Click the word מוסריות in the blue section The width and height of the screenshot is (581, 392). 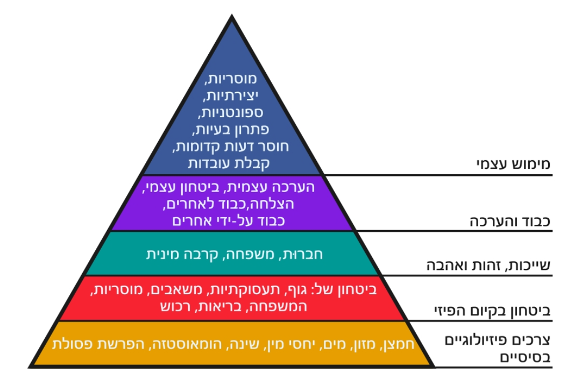[x=232, y=79]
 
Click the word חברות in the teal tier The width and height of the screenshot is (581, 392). [x=304, y=254]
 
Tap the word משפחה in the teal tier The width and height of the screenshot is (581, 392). [x=257, y=254]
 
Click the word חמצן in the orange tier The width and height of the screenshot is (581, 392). [x=398, y=344]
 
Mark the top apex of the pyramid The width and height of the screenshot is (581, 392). [x=232, y=17]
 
